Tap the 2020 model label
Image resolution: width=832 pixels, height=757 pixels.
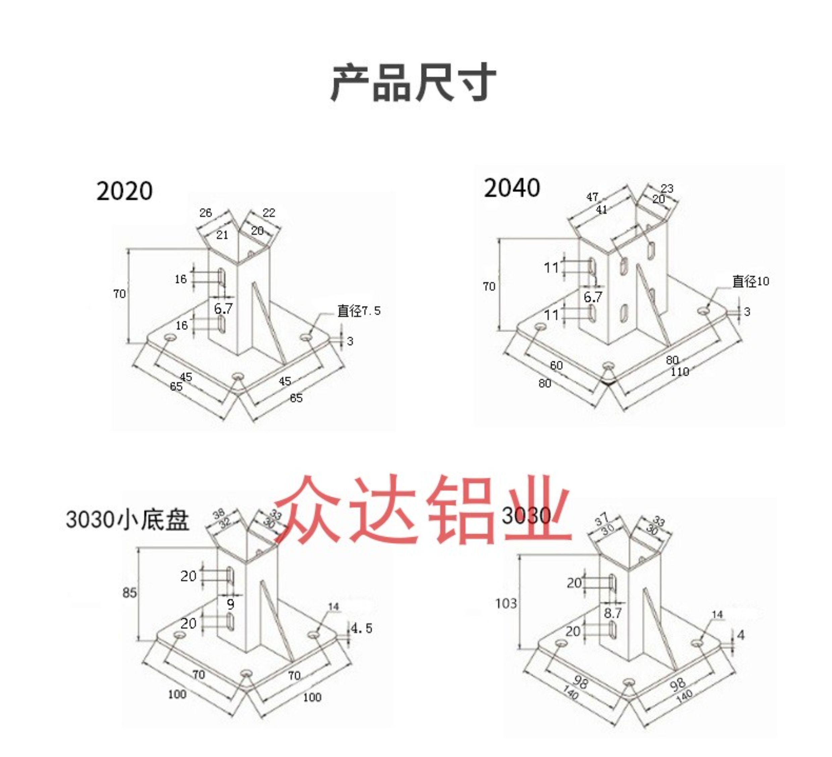pos(124,191)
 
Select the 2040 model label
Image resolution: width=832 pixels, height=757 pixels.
pos(512,188)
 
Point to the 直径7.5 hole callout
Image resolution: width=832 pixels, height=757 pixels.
pos(359,311)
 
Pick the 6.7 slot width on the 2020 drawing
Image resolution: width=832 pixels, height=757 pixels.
pos(224,308)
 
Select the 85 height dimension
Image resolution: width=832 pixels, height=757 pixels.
pos(129,593)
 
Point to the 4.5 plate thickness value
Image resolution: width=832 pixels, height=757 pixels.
pos(362,628)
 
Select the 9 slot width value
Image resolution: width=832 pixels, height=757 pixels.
pos(231,605)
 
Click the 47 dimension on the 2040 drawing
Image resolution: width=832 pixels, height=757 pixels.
pos(592,197)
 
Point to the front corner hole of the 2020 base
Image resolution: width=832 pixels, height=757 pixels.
pos(238,376)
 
